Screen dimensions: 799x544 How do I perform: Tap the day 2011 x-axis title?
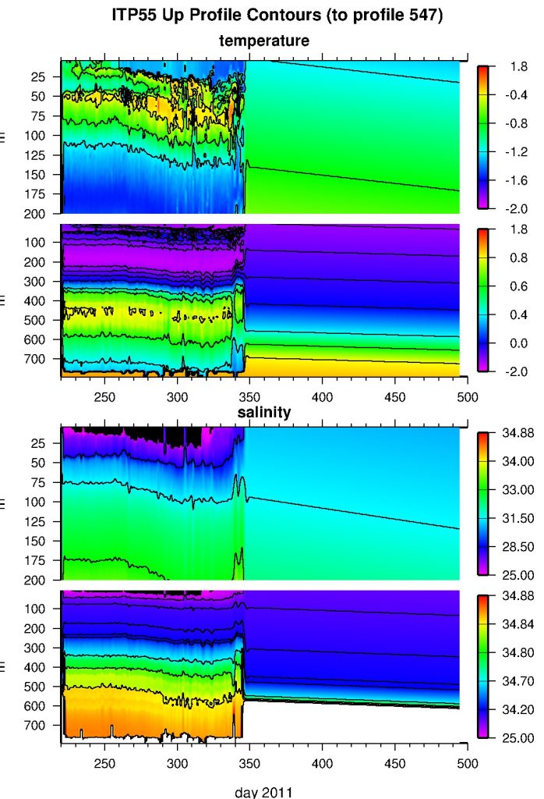pos(264,791)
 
